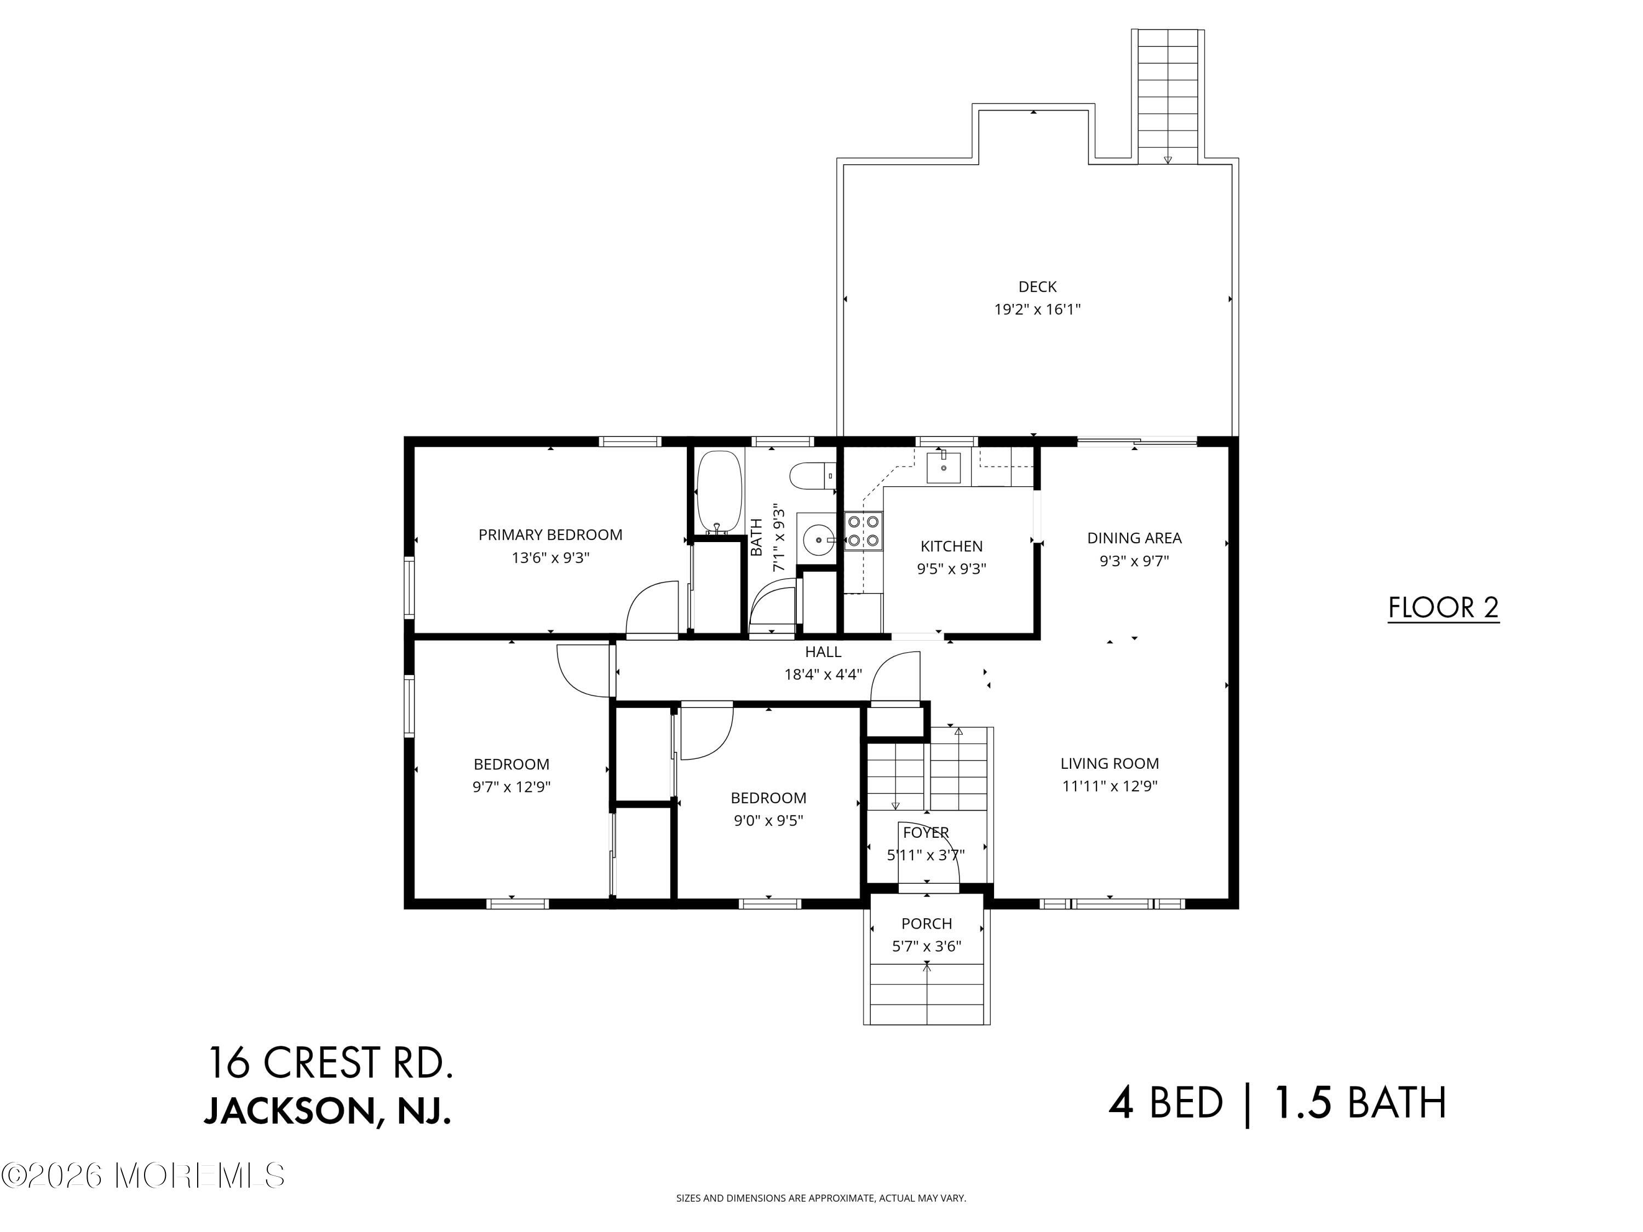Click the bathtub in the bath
tap(719, 490)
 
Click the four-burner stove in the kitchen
tap(863, 531)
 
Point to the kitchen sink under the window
tap(943, 467)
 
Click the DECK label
tap(1037, 287)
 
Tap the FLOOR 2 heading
tap(1443, 607)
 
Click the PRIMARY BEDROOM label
tap(550, 534)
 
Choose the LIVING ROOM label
tap(1109, 763)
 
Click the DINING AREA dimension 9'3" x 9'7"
tap(1134, 561)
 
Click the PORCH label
tap(926, 924)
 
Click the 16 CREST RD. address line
tap(330, 1063)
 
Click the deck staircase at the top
tap(1167, 96)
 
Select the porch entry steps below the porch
tap(926, 994)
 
